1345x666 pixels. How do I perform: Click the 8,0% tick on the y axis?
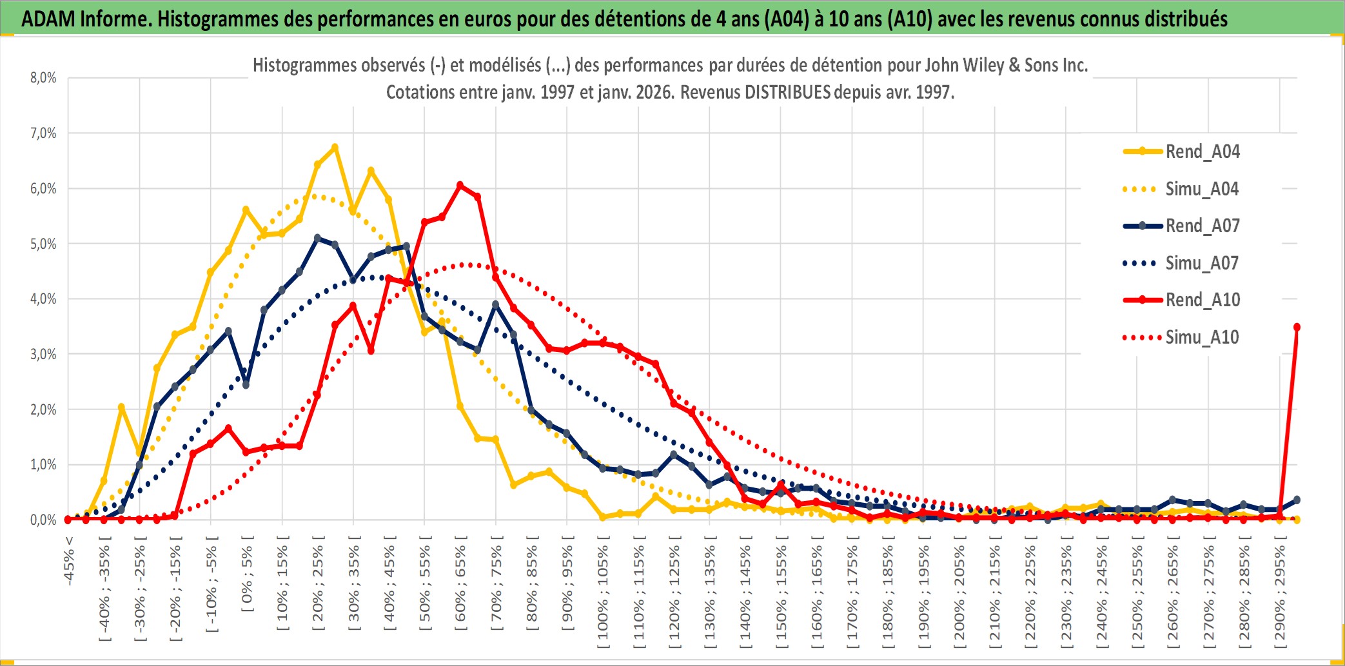click(43, 78)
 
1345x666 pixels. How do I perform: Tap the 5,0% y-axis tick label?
click(43, 244)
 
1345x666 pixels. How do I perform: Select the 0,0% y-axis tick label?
click(43, 520)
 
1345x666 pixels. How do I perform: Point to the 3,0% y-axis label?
click(43, 354)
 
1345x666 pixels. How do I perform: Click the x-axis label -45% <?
click(69, 561)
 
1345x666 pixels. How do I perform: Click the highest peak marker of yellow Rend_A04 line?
click(335, 148)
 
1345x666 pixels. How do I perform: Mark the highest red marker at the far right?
click(1297, 328)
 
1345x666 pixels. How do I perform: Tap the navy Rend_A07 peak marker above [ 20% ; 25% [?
click(317, 238)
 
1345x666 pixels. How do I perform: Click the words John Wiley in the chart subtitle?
click(956, 65)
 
